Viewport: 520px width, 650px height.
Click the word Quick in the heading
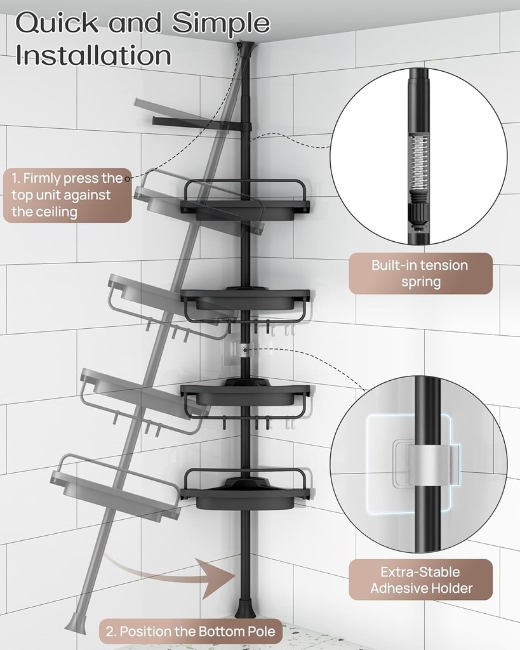pos(55,23)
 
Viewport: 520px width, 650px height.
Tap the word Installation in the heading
pos(93,55)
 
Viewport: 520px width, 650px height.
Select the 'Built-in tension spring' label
pos(420,274)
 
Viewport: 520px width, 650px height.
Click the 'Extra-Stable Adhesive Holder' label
pos(421,580)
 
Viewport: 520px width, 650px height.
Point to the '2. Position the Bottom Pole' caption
pos(190,631)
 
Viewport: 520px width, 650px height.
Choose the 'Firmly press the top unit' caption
pos(67,195)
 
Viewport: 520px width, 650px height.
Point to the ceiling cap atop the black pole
pos(244,47)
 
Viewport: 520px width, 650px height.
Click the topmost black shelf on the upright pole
pos(245,204)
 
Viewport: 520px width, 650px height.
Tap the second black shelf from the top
pos(245,298)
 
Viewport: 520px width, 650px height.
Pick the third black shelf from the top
pos(245,394)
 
